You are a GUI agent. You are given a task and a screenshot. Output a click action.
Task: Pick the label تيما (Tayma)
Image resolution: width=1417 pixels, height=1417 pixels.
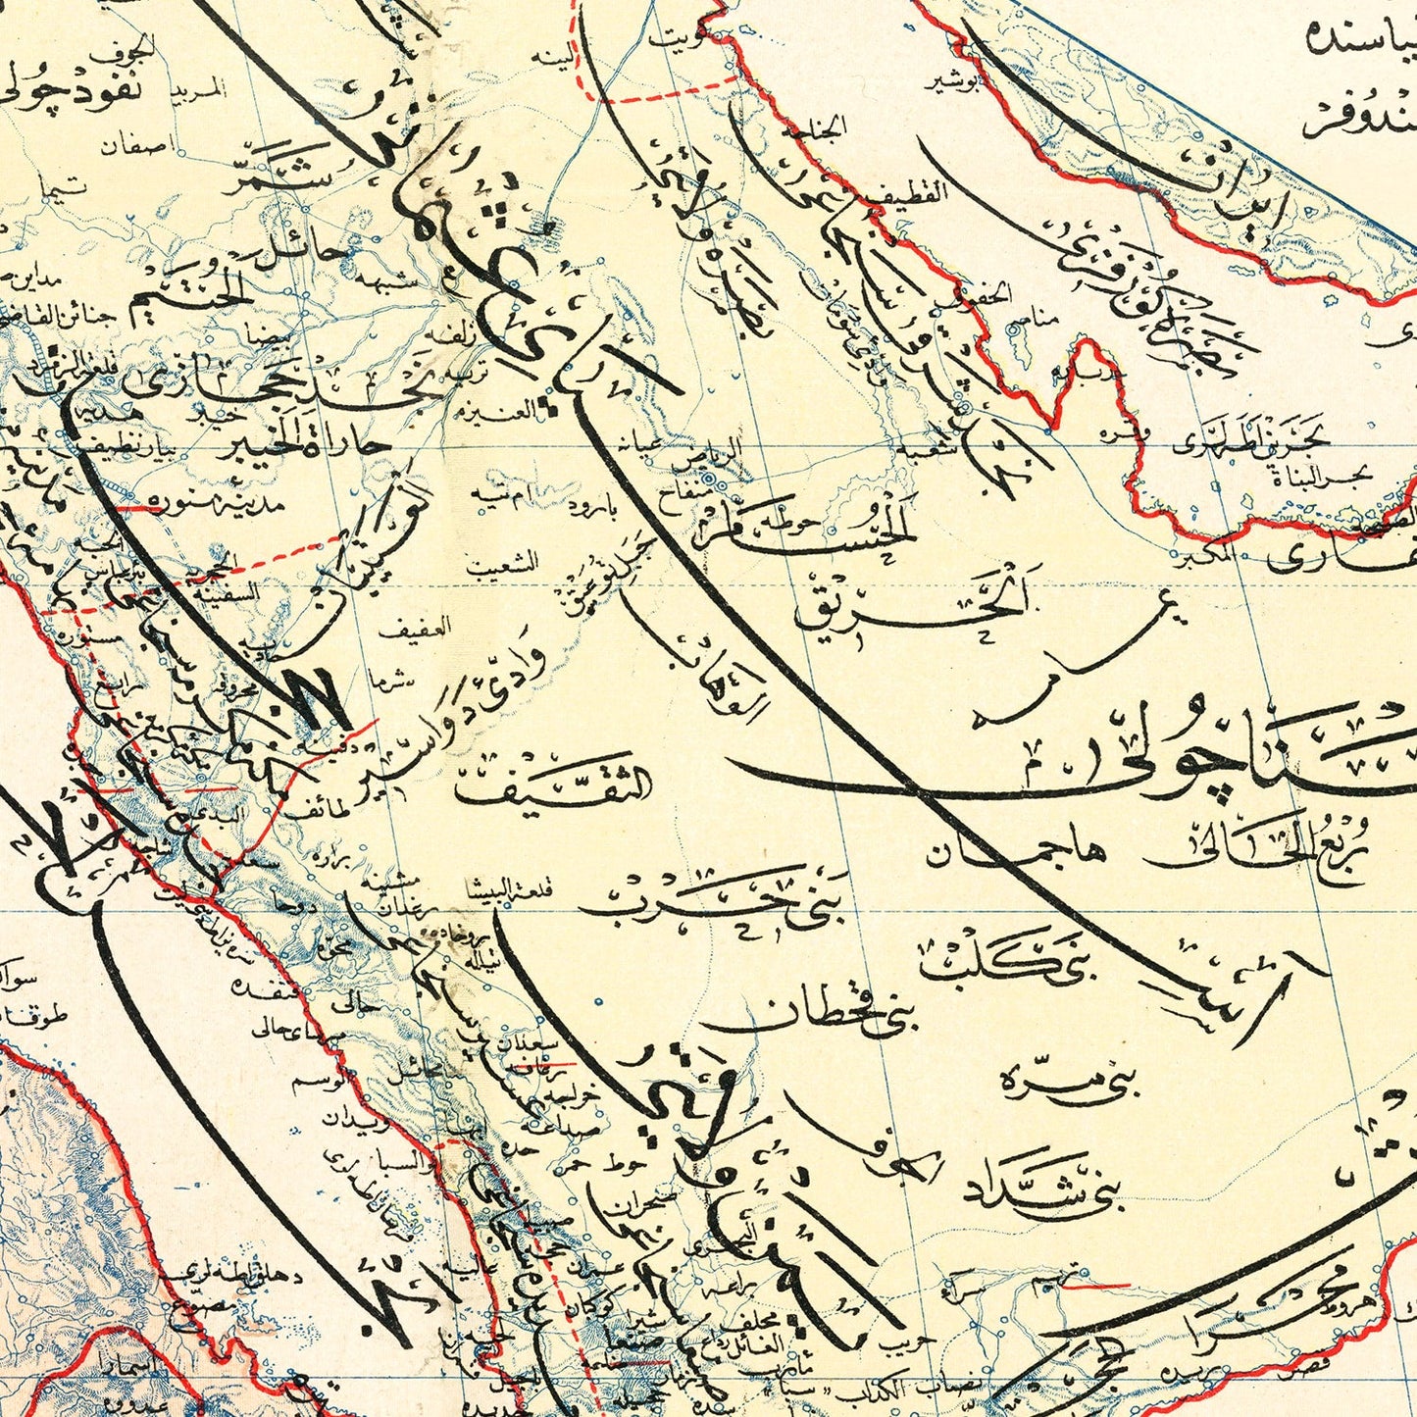pyautogui.click(x=70, y=186)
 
